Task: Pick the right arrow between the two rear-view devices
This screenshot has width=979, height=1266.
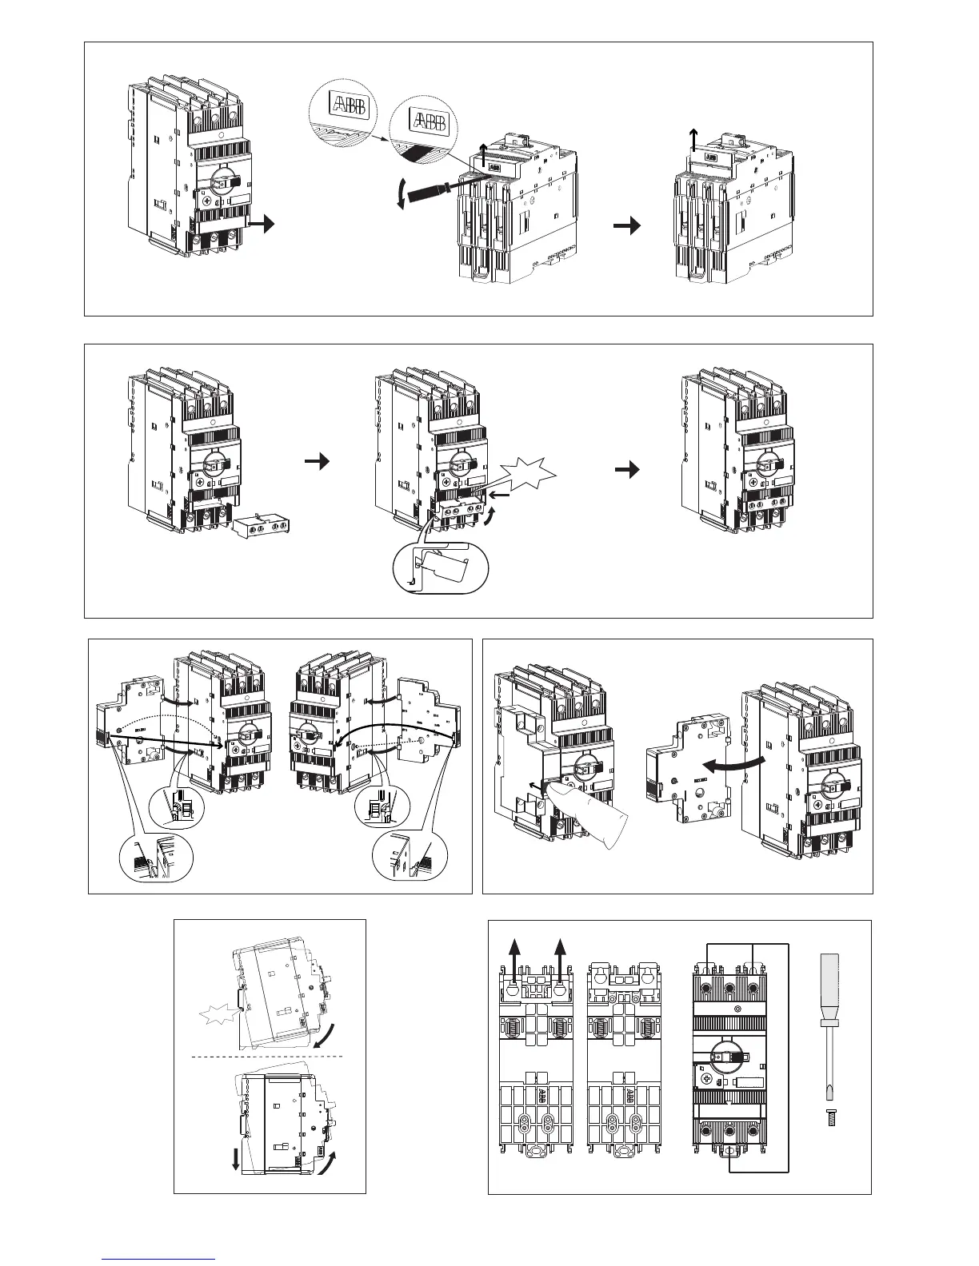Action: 629,227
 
